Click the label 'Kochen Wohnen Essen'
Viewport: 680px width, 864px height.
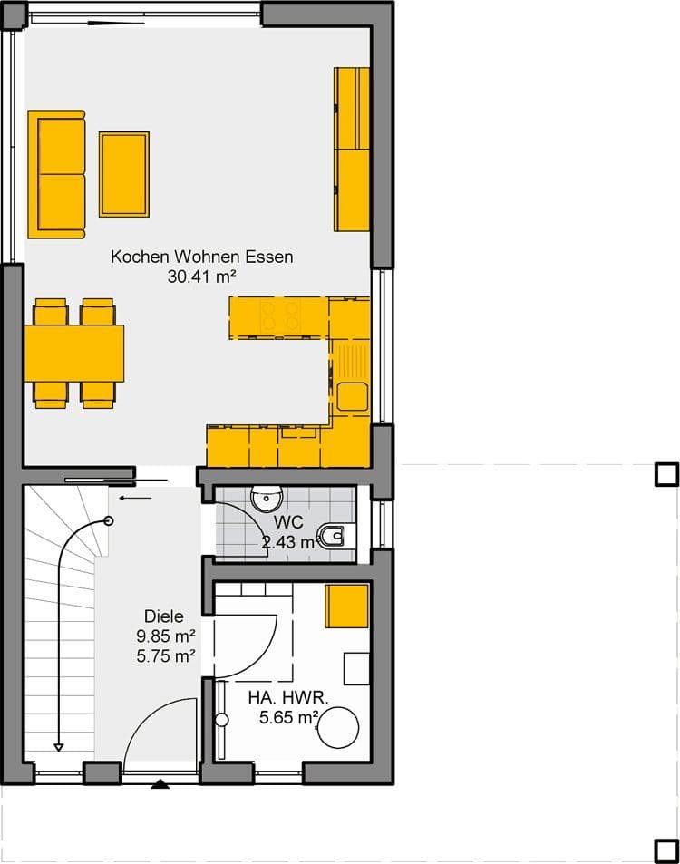[x=201, y=257]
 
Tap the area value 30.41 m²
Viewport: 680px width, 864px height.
[x=201, y=276]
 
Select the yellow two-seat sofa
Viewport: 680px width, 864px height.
[x=57, y=174]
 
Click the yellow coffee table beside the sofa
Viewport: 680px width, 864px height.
[x=124, y=174]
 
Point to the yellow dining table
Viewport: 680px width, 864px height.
[x=74, y=354]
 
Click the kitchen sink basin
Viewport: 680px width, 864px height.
[x=353, y=396]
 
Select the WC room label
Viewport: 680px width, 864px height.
[x=288, y=522]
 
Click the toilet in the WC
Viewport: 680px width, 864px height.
[x=333, y=536]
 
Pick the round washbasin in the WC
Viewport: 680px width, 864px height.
[x=267, y=498]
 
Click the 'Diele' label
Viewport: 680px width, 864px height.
[x=164, y=616]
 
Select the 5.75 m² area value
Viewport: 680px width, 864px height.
[x=166, y=656]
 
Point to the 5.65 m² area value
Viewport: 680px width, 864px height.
[x=288, y=717]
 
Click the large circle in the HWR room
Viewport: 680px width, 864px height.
[x=338, y=727]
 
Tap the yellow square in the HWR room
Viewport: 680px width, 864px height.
[x=346, y=607]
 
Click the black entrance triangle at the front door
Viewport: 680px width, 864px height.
[x=160, y=784]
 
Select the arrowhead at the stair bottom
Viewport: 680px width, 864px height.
[x=58, y=747]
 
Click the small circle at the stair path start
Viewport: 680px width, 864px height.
[x=109, y=520]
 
